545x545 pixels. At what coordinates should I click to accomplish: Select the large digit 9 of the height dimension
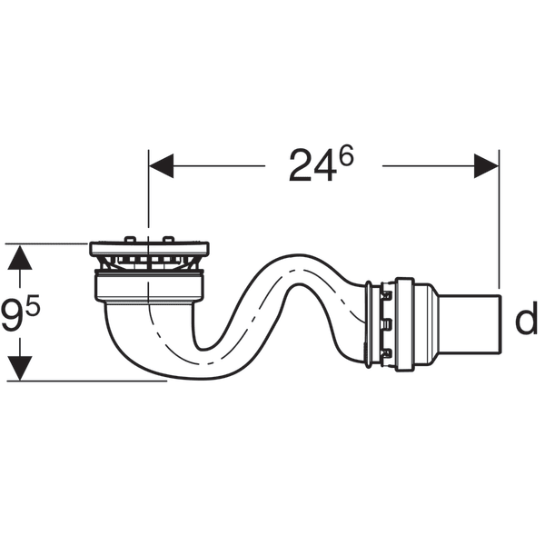click(x=13, y=318)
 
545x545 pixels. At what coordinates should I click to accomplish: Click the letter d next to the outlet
click(x=526, y=320)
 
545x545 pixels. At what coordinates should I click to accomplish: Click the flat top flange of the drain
click(x=150, y=247)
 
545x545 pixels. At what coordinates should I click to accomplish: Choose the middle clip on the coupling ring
click(x=385, y=324)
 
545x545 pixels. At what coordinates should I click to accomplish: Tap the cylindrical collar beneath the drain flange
click(x=150, y=289)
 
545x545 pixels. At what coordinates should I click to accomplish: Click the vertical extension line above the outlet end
click(x=499, y=227)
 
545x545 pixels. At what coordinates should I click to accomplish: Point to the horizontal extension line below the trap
click(x=91, y=381)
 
